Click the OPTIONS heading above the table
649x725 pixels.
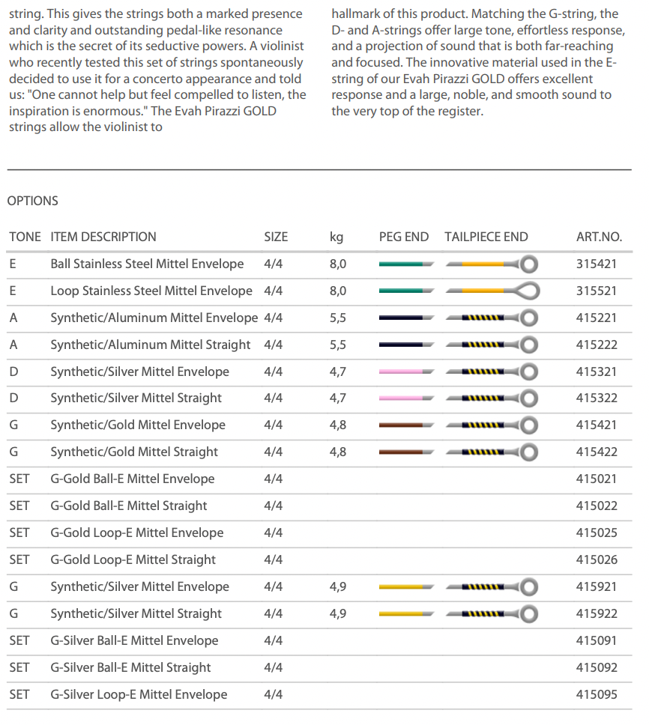coord(32,201)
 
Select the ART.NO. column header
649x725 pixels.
coord(599,237)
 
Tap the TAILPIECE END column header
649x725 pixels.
coord(486,237)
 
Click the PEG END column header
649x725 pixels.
coord(404,237)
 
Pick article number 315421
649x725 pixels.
coord(597,264)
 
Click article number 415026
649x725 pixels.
coord(597,559)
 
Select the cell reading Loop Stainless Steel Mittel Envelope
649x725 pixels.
coord(151,291)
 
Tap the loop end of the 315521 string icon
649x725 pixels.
coord(529,291)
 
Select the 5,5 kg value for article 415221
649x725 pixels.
coord(338,318)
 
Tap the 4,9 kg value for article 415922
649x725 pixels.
coord(338,613)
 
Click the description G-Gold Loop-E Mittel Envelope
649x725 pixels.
coord(137,533)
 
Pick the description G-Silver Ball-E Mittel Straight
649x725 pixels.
coord(131,667)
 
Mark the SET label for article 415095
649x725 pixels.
coord(19,694)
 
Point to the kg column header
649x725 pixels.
coord(336,237)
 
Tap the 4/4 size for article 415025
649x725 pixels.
coord(274,533)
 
